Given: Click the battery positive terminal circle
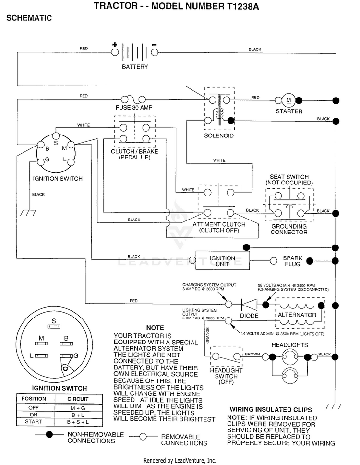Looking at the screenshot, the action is pyautogui.click(x=115, y=52).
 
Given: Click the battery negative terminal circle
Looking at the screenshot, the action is pyautogui.click(x=155, y=52).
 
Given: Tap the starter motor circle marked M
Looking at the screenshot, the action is pyautogui.click(x=288, y=100).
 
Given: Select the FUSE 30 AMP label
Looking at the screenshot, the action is pyautogui.click(x=134, y=107).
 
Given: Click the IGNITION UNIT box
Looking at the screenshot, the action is pyautogui.click(x=223, y=261).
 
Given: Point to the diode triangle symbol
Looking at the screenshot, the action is pyautogui.click(x=249, y=305).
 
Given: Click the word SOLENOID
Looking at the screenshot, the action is pyautogui.click(x=219, y=135).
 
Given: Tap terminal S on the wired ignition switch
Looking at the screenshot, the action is pyautogui.click(x=56, y=136).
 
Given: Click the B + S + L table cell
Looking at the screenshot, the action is pyautogui.click(x=78, y=422).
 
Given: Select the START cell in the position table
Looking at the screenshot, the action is pyautogui.click(x=34, y=421).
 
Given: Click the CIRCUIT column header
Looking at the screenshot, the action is pyautogui.click(x=78, y=399).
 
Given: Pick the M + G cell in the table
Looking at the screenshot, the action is pyautogui.click(x=78, y=408).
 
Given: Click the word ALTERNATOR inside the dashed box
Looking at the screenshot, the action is pyautogui.click(x=297, y=315).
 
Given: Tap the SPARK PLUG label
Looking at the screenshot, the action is pyautogui.click(x=292, y=261).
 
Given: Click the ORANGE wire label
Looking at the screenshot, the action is pyautogui.click(x=207, y=335).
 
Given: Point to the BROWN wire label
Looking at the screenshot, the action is pyautogui.click(x=252, y=354).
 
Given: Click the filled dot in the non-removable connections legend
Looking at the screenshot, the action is pyautogui.click(x=49, y=434).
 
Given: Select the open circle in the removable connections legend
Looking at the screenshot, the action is pyautogui.click(x=143, y=437).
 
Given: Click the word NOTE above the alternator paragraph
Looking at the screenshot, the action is pyautogui.click(x=155, y=328).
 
